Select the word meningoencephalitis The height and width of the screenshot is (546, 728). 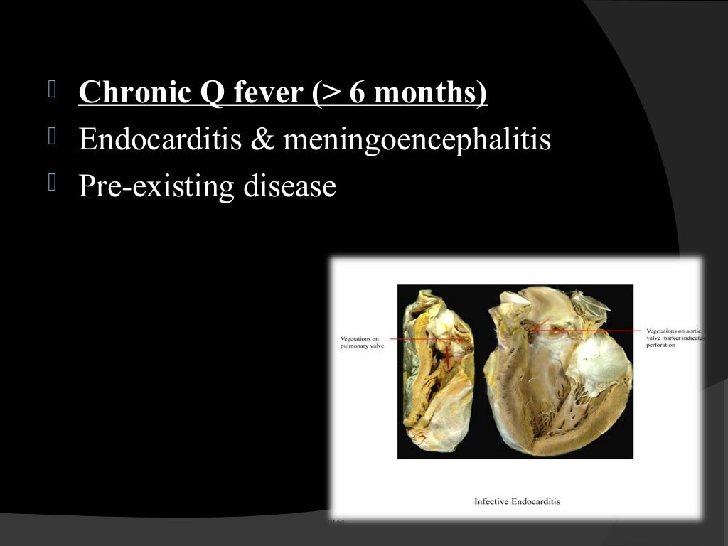[417, 139]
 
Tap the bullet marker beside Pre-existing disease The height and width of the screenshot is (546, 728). [51, 183]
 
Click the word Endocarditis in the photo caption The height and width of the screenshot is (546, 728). [538, 501]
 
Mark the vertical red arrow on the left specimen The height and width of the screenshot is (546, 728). [449, 355]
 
